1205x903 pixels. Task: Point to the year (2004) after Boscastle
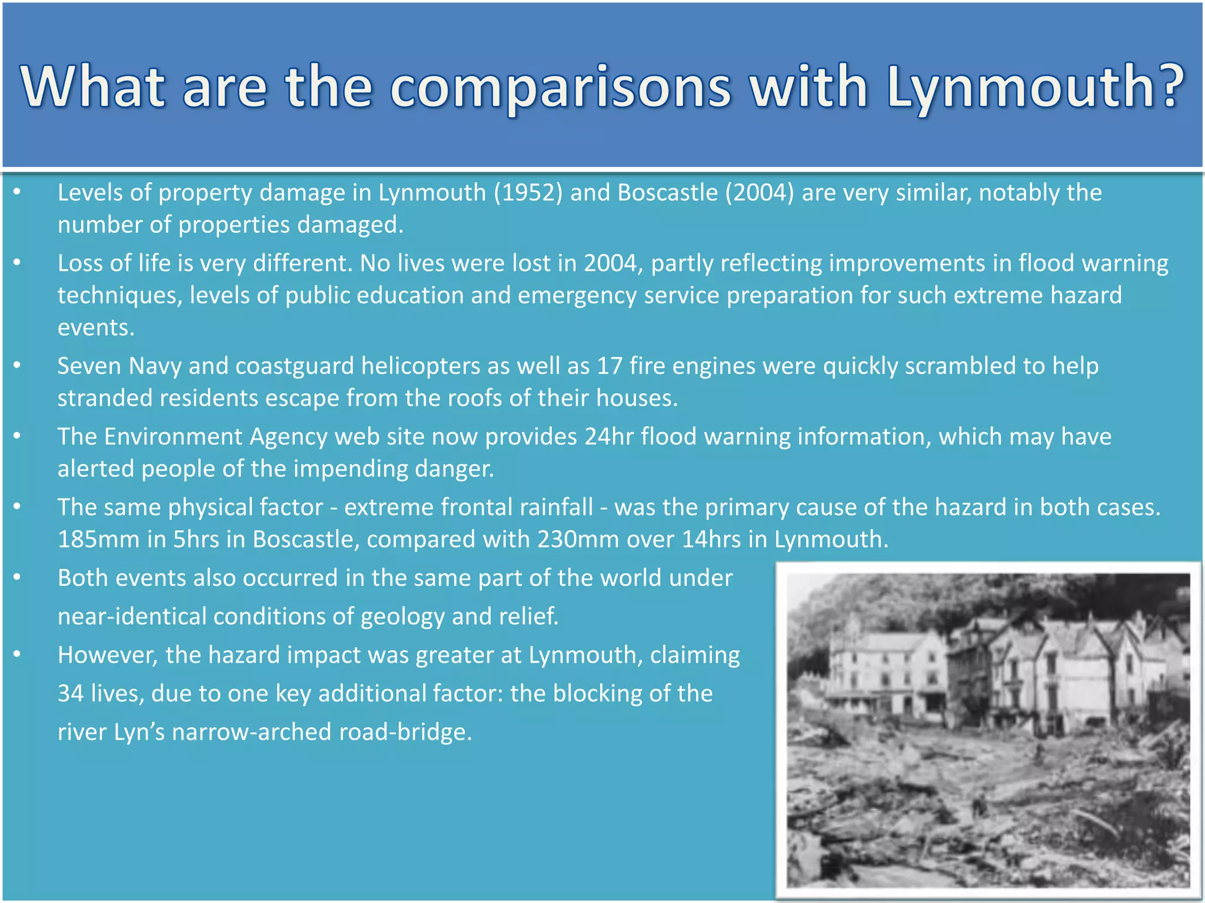(760, 193)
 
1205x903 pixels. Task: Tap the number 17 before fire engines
(609, 366)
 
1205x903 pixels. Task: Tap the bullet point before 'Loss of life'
(17, 262)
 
